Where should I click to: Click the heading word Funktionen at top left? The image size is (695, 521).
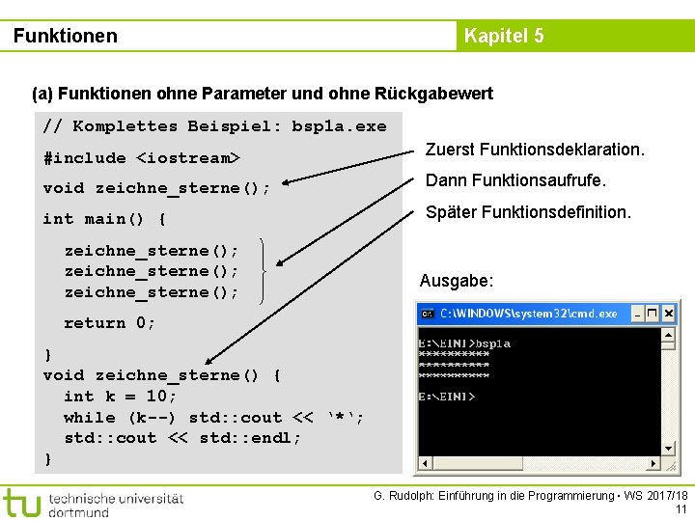[x=66, y=37]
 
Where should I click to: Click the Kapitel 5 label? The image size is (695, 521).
[x=503, y=37]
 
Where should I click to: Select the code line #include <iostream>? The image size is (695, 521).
[x=141, y=157]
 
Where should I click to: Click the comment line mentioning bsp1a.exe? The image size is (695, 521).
[x=214, y=126]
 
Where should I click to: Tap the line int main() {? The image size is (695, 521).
[x=104, y=219]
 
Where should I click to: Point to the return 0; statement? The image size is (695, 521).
[x=109, y=323]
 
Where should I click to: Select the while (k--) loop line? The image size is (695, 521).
[x=213, y=418]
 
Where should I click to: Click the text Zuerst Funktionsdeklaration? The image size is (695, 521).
[x=535, y=150]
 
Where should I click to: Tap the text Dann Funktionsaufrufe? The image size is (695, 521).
[x=515, y=179]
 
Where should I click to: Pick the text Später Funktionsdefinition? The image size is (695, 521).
[x=528, y=210]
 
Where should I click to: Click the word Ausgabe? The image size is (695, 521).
[x=457, y=281]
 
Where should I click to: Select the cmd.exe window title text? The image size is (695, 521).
[x=528, y=315]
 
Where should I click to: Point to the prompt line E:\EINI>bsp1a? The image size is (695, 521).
[x=464, y=343]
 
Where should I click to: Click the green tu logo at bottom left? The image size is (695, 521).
[x=21, y=502]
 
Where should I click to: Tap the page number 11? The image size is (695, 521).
[x=681, y=509]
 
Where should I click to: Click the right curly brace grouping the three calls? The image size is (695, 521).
[x=262, y=271]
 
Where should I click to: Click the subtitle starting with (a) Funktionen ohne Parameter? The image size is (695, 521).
[x=263, y=94]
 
